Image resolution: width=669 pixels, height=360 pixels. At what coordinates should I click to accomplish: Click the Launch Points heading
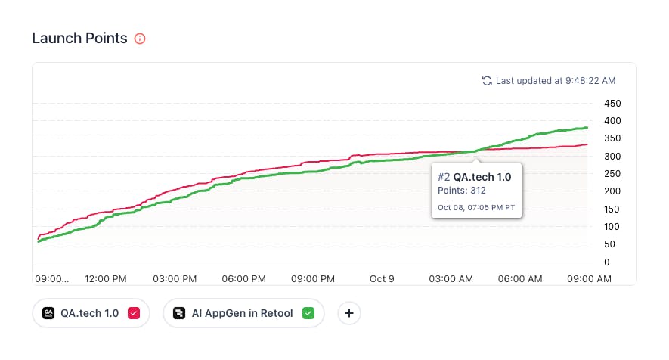tap(79, 39)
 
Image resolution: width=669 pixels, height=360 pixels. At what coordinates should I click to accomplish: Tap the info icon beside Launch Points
tap(139, 39)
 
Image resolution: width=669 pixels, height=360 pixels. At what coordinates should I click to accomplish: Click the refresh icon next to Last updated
tap(487, 80)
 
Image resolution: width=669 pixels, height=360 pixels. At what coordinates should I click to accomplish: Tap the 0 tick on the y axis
tap(606, 262)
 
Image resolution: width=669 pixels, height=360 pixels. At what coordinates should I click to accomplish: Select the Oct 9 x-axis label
tap(382, 279)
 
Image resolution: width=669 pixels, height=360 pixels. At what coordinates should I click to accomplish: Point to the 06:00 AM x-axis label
tap(520, 279)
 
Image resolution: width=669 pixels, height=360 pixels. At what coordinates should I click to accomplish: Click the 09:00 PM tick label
tap(313, 279)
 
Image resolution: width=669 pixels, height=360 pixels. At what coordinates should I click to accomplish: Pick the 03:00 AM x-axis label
tap(451, 279)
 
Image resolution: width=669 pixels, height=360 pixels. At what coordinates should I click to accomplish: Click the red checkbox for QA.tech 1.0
tap(134, 313)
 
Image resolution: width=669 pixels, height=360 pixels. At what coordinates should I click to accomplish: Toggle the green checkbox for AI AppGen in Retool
tap(308, 313)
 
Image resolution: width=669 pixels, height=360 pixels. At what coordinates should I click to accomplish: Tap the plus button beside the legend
tap(348, 313)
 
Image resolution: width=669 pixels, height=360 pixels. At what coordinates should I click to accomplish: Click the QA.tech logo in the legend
tap(48, 313)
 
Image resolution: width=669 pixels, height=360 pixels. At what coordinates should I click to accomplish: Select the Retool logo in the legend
tap(179, 313)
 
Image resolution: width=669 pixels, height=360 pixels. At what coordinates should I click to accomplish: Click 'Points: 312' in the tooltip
tap(462, 191)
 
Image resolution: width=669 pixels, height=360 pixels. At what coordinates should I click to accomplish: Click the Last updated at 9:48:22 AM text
tap(556, 80)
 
